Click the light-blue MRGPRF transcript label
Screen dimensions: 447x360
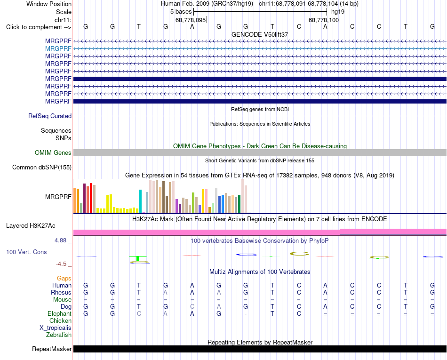coord(58,49)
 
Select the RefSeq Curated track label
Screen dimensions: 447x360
coord(50,116)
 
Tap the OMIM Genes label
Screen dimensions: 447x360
coord(53,153)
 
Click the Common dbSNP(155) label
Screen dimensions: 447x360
coord(42,168)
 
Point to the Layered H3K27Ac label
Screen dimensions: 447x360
coord(31,226)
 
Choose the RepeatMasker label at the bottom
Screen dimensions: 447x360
coord(52,349)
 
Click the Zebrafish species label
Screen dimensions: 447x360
coord(59,335)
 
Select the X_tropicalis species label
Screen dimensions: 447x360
coord(56,328)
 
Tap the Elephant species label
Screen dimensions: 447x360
coord(60,313)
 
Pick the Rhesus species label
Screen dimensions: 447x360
coord(61,292)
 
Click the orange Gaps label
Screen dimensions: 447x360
coord(64,278)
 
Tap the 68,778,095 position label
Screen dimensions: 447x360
coord(191,20)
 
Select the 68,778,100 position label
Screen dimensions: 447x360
coord(324,20)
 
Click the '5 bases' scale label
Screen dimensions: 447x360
coord(181,12)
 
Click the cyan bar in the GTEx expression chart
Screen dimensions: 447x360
coord(140,201)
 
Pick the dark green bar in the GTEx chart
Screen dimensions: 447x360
coord(239,204)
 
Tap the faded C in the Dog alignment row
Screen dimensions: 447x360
coord(192,306)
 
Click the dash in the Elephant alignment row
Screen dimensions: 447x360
coord(246,314)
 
